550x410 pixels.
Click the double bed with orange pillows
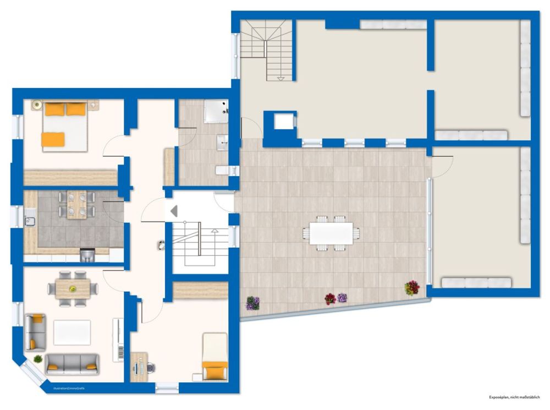[x=65, y=126]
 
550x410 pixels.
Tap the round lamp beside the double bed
[x=37, y=104]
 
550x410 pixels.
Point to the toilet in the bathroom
[x=222, y=171]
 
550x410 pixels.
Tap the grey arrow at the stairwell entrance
[x=174, y=211]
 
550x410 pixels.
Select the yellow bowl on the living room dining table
[x=72, y=288]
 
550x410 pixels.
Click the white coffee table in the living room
[x=72, y=332]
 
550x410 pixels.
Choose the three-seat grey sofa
[x=72, y=363]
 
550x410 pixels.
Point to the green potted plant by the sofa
[x=38, y=359]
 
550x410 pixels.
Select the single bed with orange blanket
[x=215, y=357]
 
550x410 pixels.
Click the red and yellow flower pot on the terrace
[x=412, y=288]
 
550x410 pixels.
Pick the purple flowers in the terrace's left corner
[x=252, y=303]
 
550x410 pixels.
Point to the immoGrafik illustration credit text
[x=69, y=389]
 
